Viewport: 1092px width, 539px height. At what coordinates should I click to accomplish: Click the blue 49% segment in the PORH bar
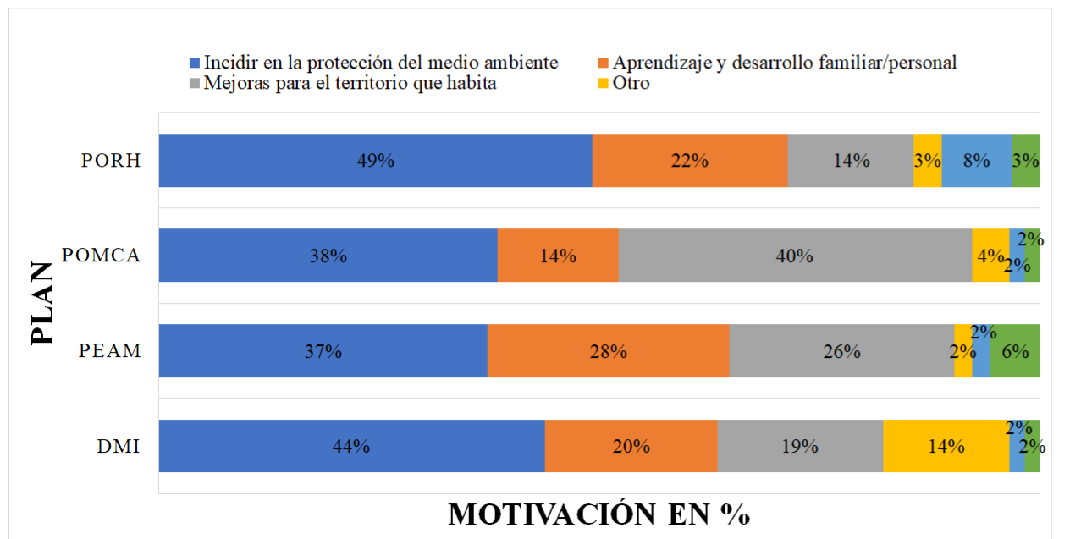[x=375, y=160]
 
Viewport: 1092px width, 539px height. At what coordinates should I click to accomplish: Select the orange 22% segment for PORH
[x=689, y=160]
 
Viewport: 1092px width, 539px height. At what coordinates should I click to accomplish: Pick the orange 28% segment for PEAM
[x=608, y=350]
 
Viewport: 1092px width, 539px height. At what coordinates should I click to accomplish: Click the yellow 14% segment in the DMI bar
[x=946, y=446]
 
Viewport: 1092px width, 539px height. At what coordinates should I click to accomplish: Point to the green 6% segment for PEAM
[x=1014, y=350]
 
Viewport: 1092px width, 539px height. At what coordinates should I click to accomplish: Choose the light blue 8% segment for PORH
[x=976, y=160]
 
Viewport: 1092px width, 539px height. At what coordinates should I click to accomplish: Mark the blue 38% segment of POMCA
[x=328, y=255]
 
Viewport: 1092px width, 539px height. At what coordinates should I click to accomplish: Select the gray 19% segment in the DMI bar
[x=799, y=446]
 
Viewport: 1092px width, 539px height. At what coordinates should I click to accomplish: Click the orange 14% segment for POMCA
[x=557, y=255]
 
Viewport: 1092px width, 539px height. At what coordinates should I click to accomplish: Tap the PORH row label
[x=110, y=160]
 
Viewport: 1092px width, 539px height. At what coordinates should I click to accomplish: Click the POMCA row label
[x=101, y=255]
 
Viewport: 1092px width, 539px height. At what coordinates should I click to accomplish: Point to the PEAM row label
[x=110, y=350]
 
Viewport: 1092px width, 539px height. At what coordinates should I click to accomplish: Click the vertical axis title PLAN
[x=41, y=303]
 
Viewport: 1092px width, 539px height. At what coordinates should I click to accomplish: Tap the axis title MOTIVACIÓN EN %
[x=598, y=514]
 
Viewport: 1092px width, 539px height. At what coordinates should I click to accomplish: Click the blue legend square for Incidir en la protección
[x=194, y=63]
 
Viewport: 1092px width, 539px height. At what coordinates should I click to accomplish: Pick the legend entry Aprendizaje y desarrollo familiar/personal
[x=784, y=63]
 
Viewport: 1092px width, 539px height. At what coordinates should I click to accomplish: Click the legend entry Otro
[x=631, y=83]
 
